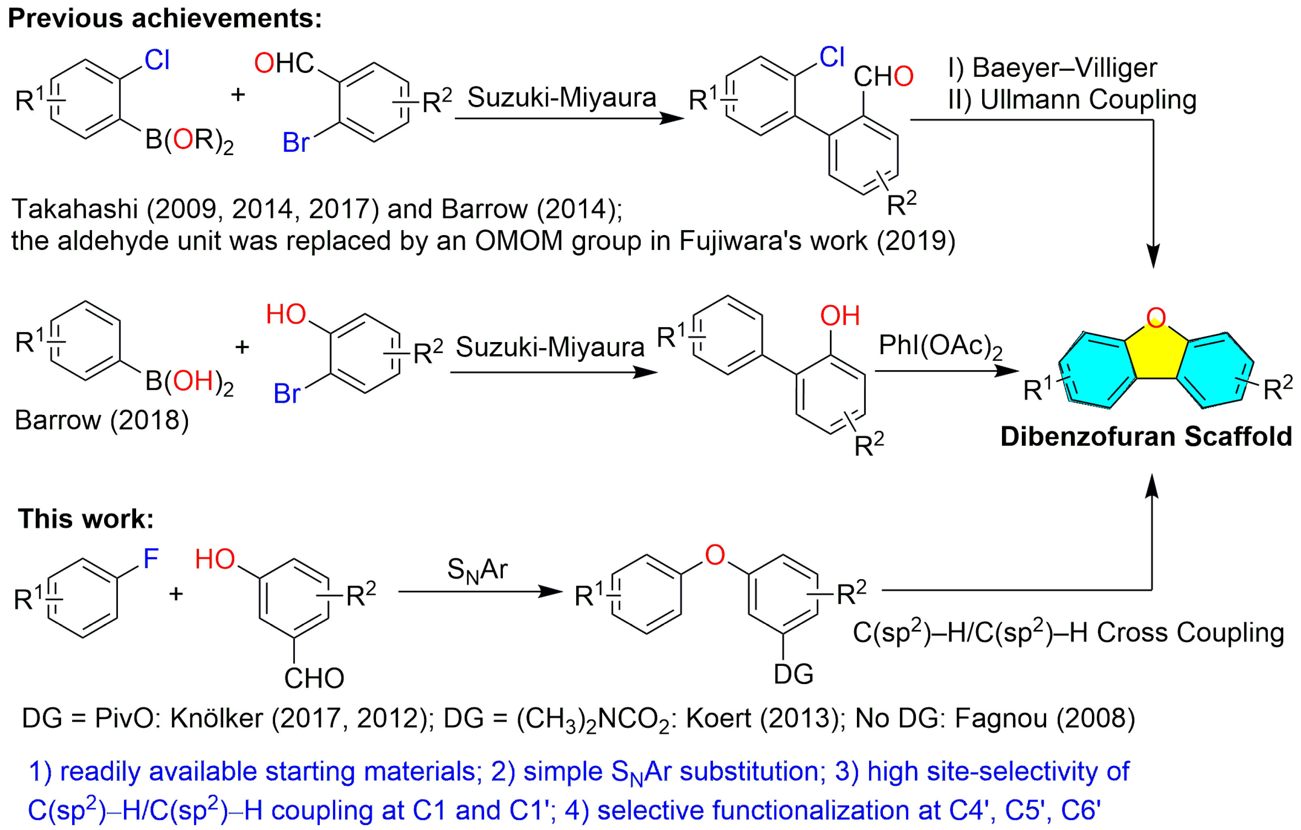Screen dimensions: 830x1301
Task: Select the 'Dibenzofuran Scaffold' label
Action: [1146, 436]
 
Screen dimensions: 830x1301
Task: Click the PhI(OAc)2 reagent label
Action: [940, 346]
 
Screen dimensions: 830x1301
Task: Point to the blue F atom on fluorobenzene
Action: [150, 558]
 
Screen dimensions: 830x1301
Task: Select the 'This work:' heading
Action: [86, 519]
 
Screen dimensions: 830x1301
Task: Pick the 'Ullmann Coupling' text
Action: [1088, 99]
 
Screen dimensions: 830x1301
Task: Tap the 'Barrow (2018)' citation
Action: [102, 420]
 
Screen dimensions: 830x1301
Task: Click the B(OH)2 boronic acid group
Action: [189, 381]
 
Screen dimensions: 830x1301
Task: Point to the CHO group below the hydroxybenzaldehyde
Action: [314, 678]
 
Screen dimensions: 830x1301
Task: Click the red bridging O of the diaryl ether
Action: [715, 555]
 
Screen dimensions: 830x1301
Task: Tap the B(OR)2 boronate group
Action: [189, 141]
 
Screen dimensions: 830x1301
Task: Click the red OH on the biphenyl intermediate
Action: [840, 316]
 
